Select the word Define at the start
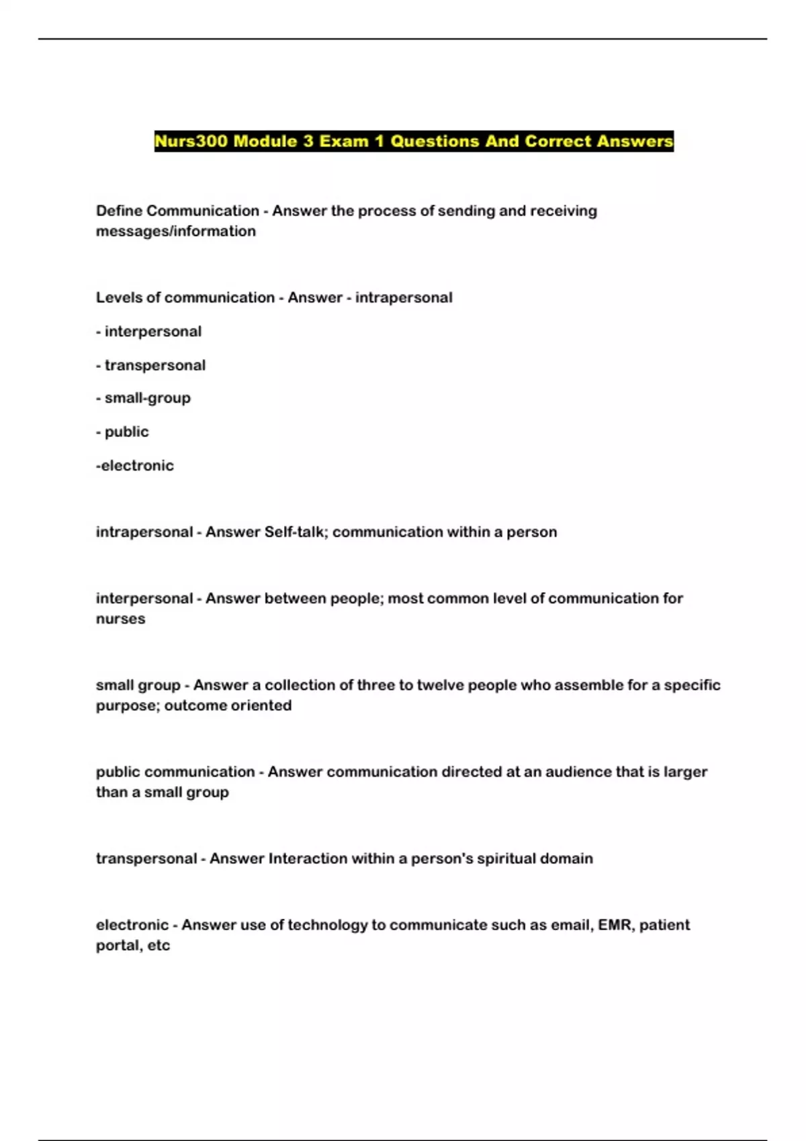point(119,211)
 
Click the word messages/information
point(176,231)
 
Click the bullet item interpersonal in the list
point(152,332)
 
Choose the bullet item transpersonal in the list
point(154,365)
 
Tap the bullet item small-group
point(147,398)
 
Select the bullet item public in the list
point(126,432)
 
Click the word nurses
point(120,619)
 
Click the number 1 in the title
point(379,142)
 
